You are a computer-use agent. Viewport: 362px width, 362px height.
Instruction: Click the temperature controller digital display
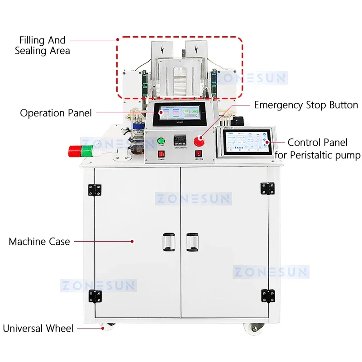181,140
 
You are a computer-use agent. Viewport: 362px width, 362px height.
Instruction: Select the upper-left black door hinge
95,190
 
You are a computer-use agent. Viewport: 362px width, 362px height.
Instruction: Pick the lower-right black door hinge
267,296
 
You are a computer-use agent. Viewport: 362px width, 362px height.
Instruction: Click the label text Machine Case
39,242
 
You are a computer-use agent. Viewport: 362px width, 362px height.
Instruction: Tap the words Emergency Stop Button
306,105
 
